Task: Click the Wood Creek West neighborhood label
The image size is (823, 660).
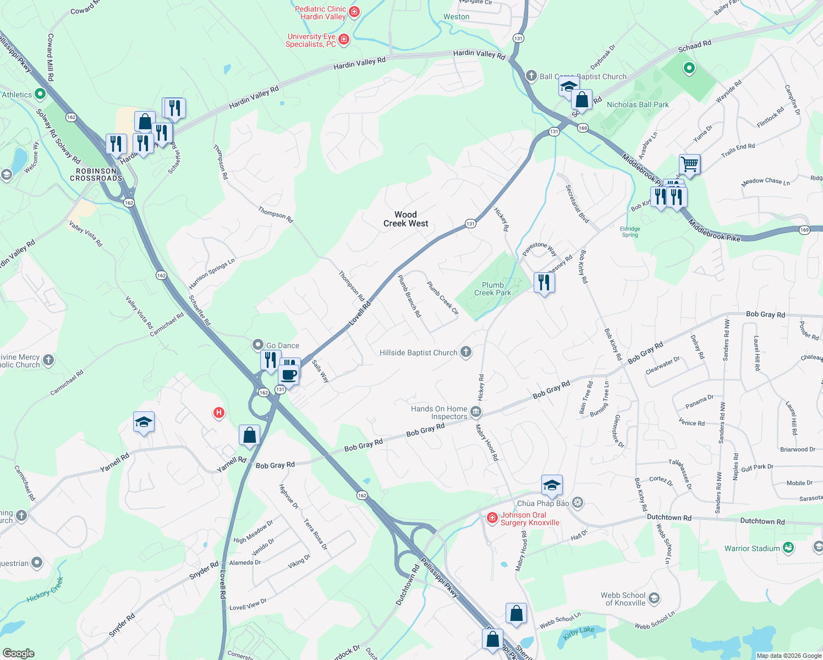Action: (x=405, y=219)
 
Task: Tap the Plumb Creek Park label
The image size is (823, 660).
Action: (x=492, y=289)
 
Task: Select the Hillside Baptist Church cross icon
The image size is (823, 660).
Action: (x=466, y=352)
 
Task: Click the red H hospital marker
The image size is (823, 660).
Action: (x=219, y=413)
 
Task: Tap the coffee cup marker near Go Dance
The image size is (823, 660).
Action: (x=289, y=375)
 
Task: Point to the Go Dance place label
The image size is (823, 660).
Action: (x=283, y=345)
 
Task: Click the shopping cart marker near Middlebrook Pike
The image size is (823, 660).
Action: (x=689, y=164)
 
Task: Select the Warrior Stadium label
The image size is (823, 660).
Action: (x=752, y=548)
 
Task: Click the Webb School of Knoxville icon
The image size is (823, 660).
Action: (x=654, y=598)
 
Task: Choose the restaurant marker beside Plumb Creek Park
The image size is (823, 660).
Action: (x=544, y=283)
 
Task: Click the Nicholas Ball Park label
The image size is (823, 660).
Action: (x=638, y=105)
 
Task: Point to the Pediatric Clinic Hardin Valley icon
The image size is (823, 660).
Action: (x=354, y=12)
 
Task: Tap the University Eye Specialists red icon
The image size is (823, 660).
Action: (x=344, y=39)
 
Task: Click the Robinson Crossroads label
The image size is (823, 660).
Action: (x=96, y=175)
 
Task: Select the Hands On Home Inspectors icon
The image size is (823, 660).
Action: (x=476, y=412)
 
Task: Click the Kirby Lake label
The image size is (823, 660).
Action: (x=579, y=633)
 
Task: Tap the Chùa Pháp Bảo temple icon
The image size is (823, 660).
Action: (x=577, y=502)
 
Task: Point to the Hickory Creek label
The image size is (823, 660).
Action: (x=46, y=590)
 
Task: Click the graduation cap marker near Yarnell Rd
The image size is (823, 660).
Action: (x=144, y=422)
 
